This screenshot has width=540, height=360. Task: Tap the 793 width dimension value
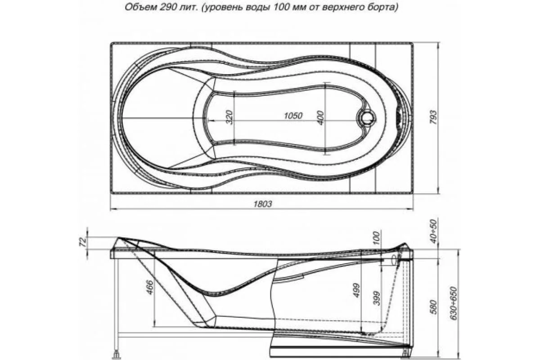pos(433,118)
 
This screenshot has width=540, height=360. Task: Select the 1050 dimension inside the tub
pos(293,115)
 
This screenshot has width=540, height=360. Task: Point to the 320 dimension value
pos(230,117)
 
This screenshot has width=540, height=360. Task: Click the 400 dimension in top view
pos(320,118)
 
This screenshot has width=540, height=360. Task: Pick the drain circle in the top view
pos(367,118)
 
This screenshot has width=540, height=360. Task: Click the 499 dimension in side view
pos(356,292)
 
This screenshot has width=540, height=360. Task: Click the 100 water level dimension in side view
pos(377,237)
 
